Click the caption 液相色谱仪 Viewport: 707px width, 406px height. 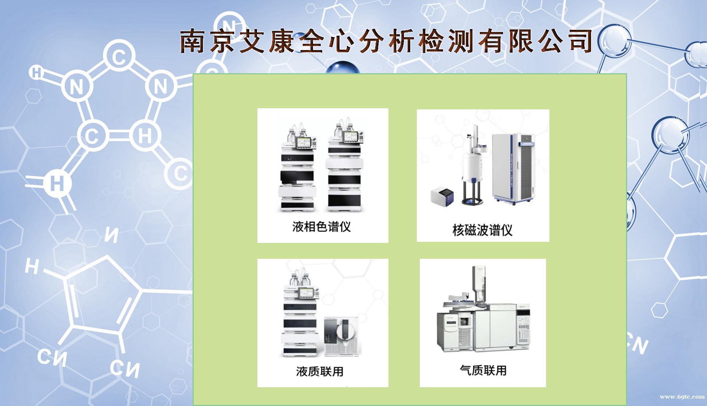click(321, 226)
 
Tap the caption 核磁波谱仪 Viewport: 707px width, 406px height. click(482, 230)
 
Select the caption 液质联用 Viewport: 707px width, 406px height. click(320, 371)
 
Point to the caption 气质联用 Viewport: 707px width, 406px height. click(483, 370)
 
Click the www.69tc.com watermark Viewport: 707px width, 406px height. click(682, 397)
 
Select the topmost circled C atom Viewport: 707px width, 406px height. click(119, 57)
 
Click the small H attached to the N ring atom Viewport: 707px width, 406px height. click(36, 73)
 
